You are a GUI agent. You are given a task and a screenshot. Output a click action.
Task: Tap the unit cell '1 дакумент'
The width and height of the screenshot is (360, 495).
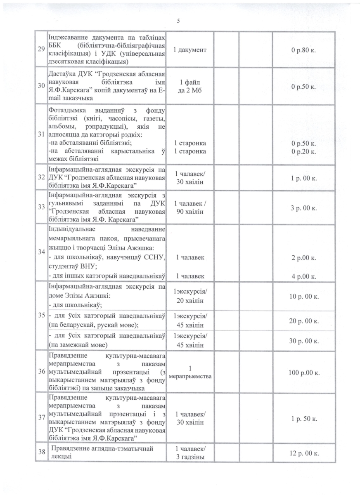coord(190,50)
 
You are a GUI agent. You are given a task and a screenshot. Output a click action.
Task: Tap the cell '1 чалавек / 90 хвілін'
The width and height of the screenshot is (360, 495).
coord(190,207)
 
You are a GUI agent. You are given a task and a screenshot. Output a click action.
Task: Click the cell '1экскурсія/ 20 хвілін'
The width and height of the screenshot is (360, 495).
coord(190,296)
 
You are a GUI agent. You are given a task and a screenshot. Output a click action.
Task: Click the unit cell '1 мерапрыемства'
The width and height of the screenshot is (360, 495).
coord(190,372)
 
